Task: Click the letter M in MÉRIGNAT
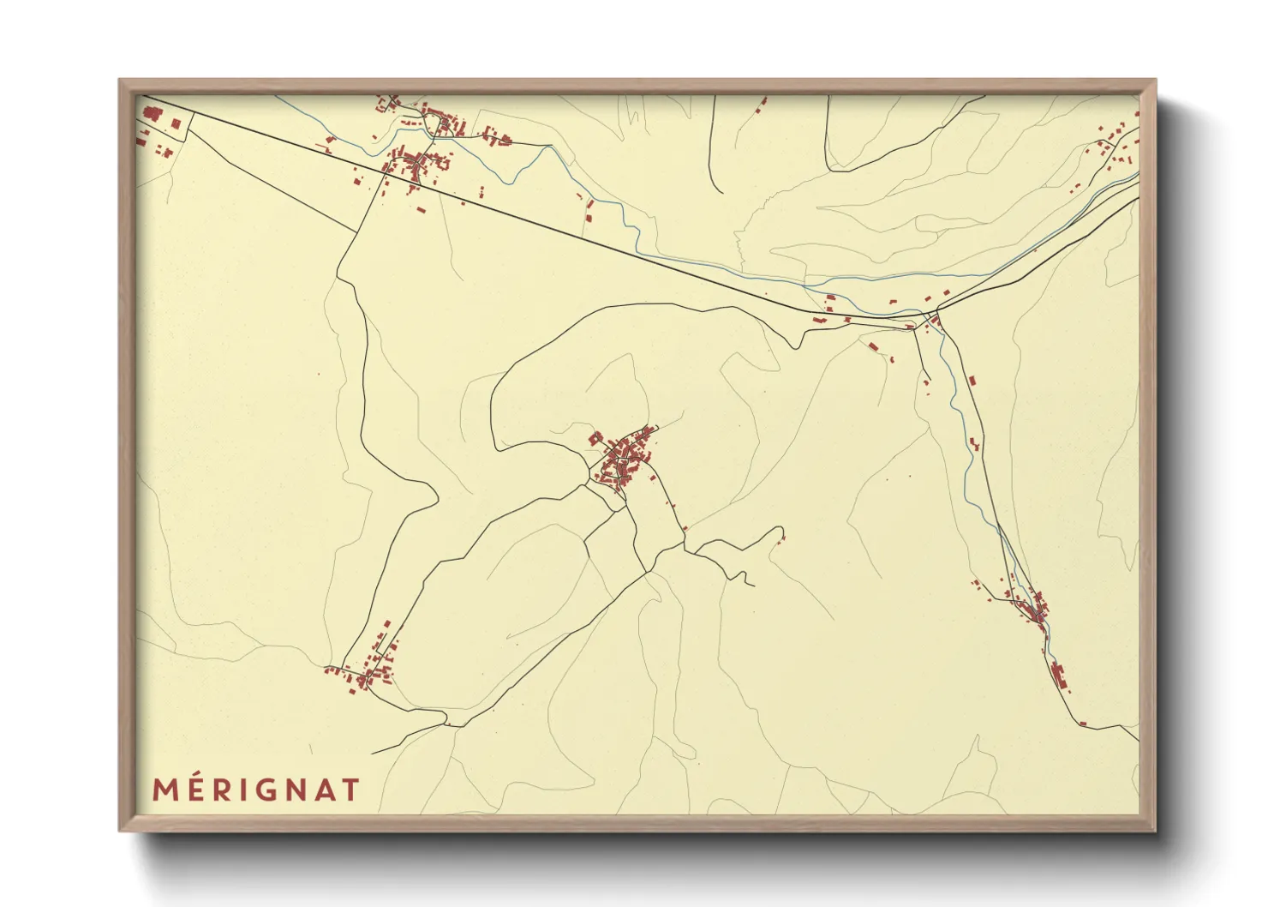(x=165, y=790)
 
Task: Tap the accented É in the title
(x=198, y=789)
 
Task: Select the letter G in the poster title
(x=266, y=790)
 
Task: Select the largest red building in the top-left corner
(x=153, y=113)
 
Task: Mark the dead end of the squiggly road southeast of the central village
(x=753, y=586)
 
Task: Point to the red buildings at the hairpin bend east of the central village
(x=781, y=538)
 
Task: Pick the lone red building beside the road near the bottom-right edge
(x=1082, y=724)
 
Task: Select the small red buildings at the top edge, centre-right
(x=762, y=105)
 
